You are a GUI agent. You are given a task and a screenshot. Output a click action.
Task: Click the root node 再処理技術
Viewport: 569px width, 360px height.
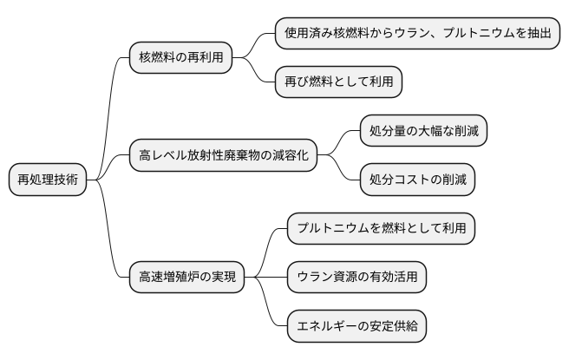click(x=48, y=180)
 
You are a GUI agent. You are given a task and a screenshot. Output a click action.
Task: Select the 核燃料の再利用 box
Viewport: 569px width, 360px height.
click(x=180, y=59)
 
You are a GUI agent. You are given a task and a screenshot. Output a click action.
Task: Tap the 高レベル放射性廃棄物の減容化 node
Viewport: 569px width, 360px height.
click(x=221, y=156)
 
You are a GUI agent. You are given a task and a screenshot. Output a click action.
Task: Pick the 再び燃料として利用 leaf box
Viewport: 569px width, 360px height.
click(x=338, y=83)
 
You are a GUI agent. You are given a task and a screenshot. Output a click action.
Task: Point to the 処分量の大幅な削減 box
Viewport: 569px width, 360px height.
click(x=423, y=132)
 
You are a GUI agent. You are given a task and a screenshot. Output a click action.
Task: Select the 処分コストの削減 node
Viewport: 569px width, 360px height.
click(x=418, y=180)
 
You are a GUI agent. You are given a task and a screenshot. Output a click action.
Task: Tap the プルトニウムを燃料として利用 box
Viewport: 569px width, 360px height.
click(x=382, y=229)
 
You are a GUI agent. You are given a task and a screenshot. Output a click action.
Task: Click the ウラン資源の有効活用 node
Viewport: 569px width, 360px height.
click(x=356, y=278)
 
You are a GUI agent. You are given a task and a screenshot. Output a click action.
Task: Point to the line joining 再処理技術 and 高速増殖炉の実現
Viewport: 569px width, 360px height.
click(x=110, y=243)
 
